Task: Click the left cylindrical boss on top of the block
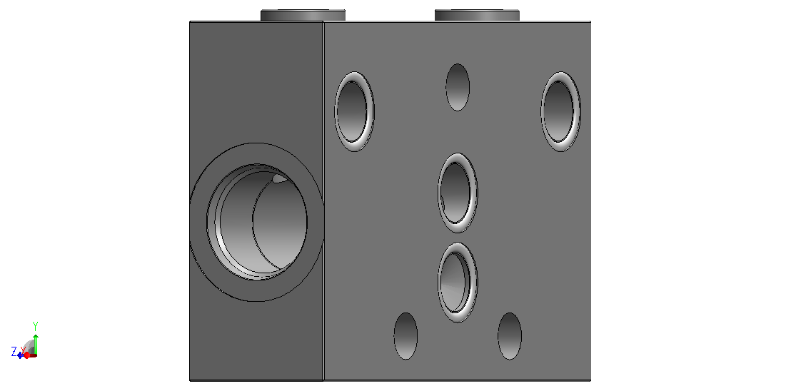coord(303,15)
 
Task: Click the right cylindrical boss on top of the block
coord(477,15)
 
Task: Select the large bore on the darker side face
coord(257,222)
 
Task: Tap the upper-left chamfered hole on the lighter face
coord(354,111)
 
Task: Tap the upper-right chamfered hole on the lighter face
coord(560,111)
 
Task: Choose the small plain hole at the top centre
coord(458,87)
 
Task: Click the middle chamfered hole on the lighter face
coord(457,193)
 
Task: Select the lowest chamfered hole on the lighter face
coord(457,283)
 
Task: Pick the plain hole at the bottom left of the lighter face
coord(405,336)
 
